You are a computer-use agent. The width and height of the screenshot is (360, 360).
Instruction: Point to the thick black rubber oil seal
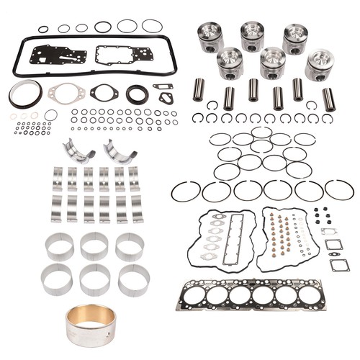[137, 94]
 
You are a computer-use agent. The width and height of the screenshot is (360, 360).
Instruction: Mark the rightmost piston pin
[329, 99]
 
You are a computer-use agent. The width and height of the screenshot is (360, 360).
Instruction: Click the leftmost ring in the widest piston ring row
[186, 192]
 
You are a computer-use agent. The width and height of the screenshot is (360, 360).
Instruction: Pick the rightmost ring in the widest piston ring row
[339, 190]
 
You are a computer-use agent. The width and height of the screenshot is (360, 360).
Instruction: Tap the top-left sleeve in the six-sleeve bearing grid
[60, 246]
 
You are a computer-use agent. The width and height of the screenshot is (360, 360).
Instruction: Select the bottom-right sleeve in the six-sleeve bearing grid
[132, 279]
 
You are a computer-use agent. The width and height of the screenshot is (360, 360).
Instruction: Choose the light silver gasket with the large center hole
[66, 92]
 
